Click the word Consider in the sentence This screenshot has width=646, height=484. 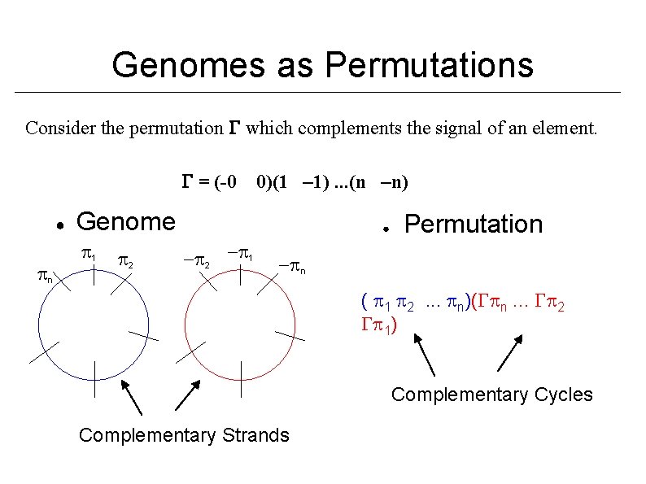[59, 128]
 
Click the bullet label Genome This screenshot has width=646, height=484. [124, 220]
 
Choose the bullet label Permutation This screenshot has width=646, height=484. [473, 224]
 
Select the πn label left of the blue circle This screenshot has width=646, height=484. [46, 277]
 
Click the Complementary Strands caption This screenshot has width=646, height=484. [183, 435]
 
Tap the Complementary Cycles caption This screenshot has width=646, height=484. [491, 395]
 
